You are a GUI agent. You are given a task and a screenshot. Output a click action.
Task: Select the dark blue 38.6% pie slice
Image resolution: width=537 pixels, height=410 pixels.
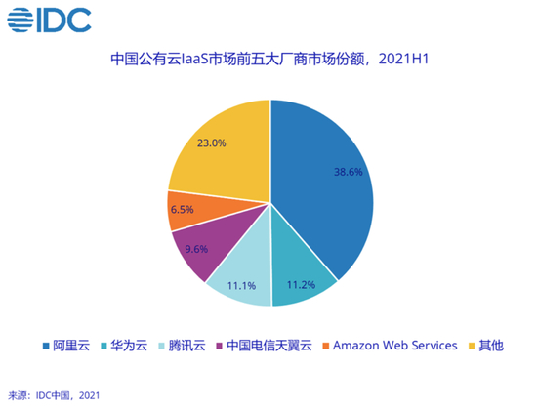pos(327,185)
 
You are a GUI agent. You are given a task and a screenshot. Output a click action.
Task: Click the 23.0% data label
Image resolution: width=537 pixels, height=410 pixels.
pos(211,143)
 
